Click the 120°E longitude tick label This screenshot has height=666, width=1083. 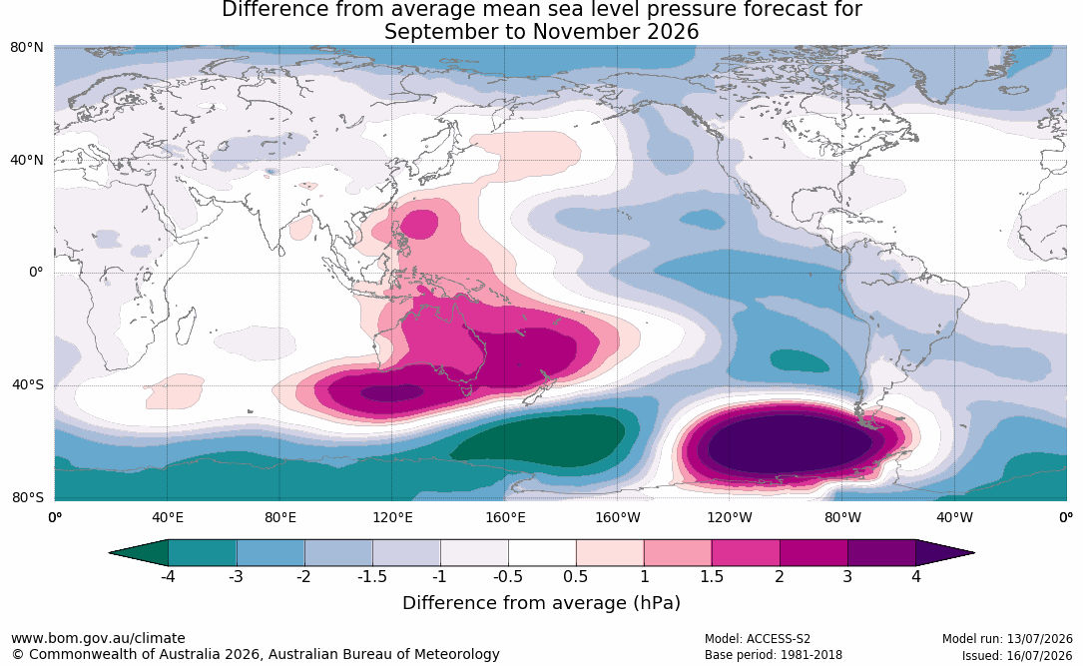pos(392,517)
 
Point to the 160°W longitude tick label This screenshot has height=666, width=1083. pos(617,517)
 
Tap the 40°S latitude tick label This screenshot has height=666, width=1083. pos(28,384)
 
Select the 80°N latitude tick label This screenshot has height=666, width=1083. pos(27,47)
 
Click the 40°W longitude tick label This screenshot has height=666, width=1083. pos(954,517)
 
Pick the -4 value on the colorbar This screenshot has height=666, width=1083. pos(167,576)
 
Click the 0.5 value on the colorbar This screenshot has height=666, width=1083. pos(576,576)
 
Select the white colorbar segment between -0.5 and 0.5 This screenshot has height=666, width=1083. pos(542,553)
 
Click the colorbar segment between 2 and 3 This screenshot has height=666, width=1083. pos(813,553)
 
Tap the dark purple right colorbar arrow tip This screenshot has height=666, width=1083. pos(974,553)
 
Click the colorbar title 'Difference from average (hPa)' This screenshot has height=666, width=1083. pos(541,603)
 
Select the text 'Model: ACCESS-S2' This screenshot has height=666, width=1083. pos(757,639)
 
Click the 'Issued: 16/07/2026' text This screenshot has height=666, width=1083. pos(1017,655)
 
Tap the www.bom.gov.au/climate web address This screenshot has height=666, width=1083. pos(98,638)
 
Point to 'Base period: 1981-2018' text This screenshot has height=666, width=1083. pos(773,655)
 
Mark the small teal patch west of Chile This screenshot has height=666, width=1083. pos(800,360)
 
